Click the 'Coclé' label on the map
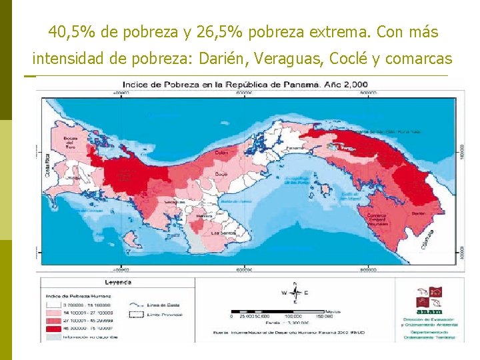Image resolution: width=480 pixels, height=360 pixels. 221,174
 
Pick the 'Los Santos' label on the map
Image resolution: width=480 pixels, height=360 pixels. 219,233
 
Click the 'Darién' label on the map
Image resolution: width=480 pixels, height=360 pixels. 418,213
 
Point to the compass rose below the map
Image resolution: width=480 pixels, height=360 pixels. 295,292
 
